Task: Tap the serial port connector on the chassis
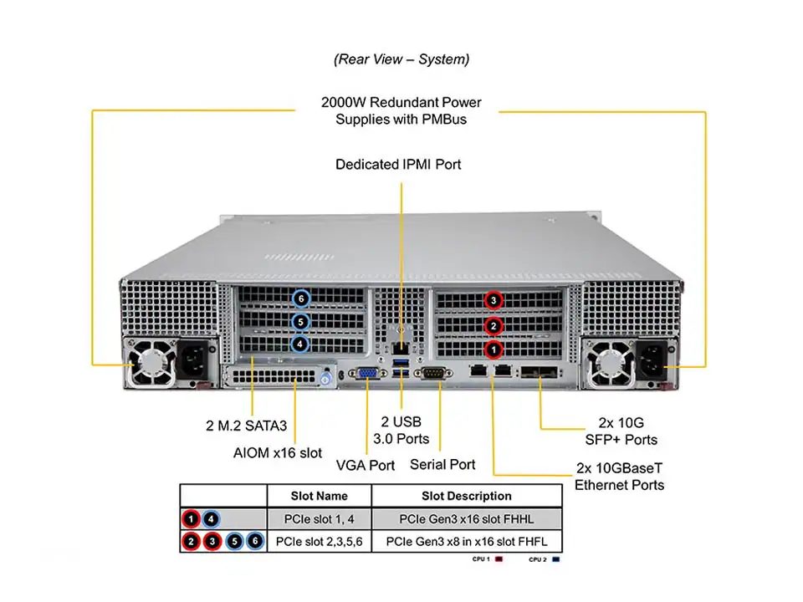tap(432, 374)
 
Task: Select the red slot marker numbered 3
tap(494, 300)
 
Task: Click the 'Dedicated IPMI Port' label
tap(398, 165)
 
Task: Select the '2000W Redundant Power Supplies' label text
tap(401, 111)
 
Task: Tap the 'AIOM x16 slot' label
tap(277, 453)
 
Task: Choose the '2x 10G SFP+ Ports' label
tap(621, 431)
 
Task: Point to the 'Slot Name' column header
tap(319, 496)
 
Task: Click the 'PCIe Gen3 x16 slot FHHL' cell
tap(467, 518)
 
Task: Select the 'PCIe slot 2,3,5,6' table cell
tap(319, 542)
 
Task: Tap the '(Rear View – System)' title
tap(401, 59)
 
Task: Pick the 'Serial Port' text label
tap(442, 465)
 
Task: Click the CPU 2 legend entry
tap(544, 559)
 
